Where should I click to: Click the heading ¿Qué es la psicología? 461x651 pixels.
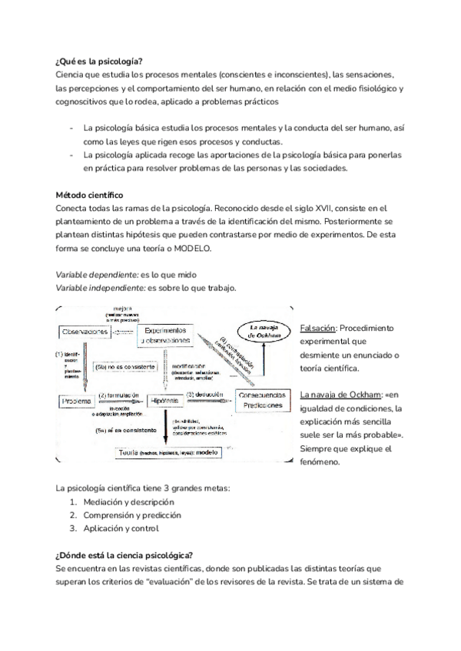[x=100, y=61]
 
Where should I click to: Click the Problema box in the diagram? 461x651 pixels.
[x=77, y=401]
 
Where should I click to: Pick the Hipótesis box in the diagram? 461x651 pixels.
[x=167, y=401]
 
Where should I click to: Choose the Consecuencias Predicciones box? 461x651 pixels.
[x=263, y=400]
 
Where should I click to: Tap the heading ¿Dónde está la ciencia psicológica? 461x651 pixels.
[x=124, y=554]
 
